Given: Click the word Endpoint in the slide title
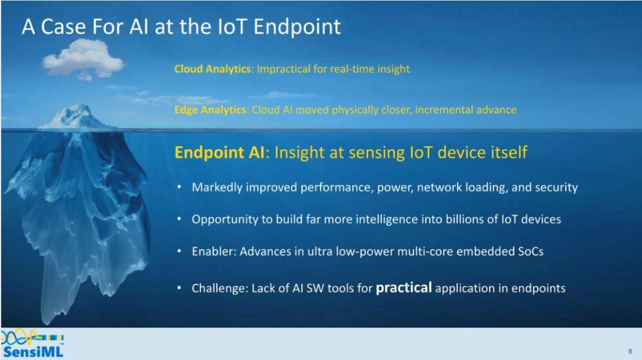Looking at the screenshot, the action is point(297,27).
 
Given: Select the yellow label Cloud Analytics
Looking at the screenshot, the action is point(212,69).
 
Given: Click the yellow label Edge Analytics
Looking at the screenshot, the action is point(210,110).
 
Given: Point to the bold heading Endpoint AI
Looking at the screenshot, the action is point(219,153).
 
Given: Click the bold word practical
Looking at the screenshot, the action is point(404,288).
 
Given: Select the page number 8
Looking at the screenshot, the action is point(630,351).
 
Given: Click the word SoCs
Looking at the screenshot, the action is point(531,251).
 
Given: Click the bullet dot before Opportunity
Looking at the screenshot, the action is point(180,219).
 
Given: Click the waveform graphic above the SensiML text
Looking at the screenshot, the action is point(32,337).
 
